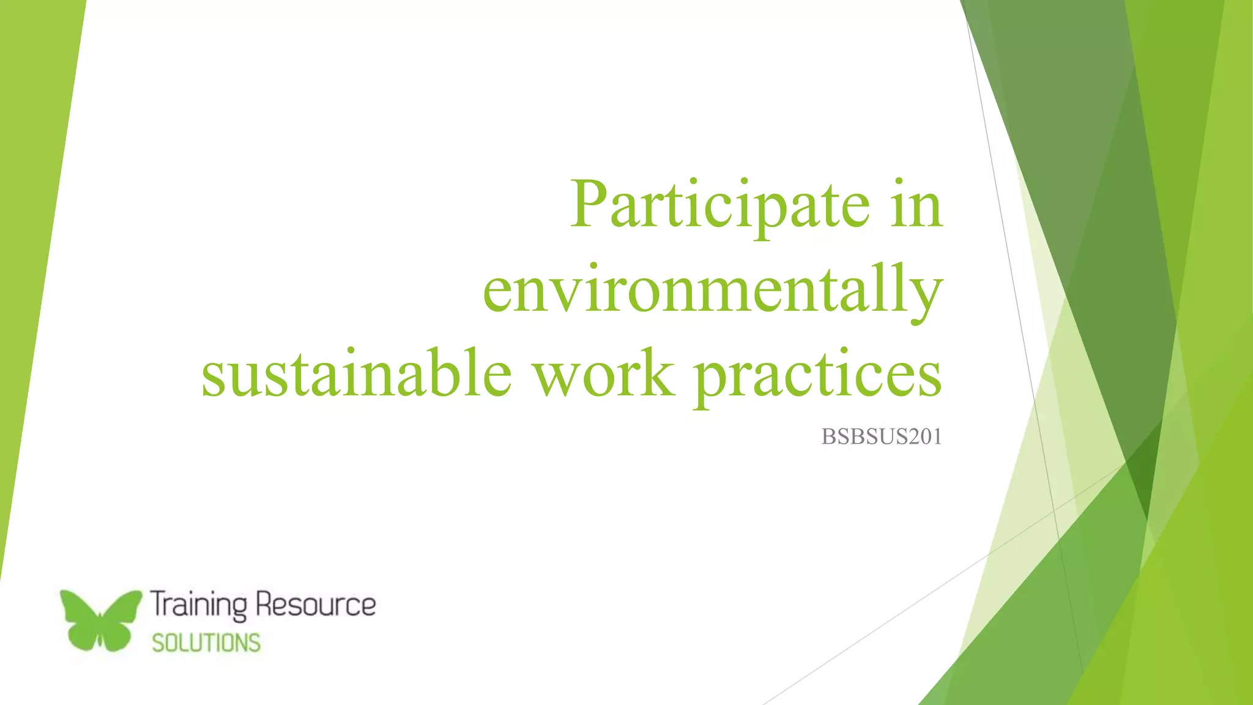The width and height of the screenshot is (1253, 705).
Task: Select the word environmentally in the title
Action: [x=712, y=290]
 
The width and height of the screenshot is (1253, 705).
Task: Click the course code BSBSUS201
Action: [x=881, y=436]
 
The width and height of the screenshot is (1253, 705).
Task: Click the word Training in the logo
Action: [x=199, y=605]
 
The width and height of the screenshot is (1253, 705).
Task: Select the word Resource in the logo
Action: [x=316, y=605]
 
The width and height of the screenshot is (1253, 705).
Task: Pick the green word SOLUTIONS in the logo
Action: [x=206, y=643]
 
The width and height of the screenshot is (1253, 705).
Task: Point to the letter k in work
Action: [x=658, y=372]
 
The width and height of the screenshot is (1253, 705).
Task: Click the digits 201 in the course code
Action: [x=924, y=436]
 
